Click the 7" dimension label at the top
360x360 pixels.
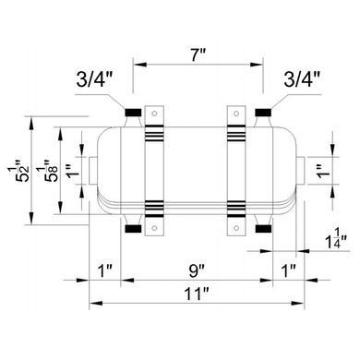pyautogui.click(x=198, y=55)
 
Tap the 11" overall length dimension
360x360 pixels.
pyautogui.click(x=197, y=294)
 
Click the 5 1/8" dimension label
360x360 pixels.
pyautogui.click(x=50, y=171)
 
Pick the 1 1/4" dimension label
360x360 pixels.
pyautogui.click(x=336, y=237)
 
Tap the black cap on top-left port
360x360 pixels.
pyautogui.click(x=133, y=113)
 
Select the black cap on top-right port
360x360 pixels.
pyautogui.click(x=263, y=113)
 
